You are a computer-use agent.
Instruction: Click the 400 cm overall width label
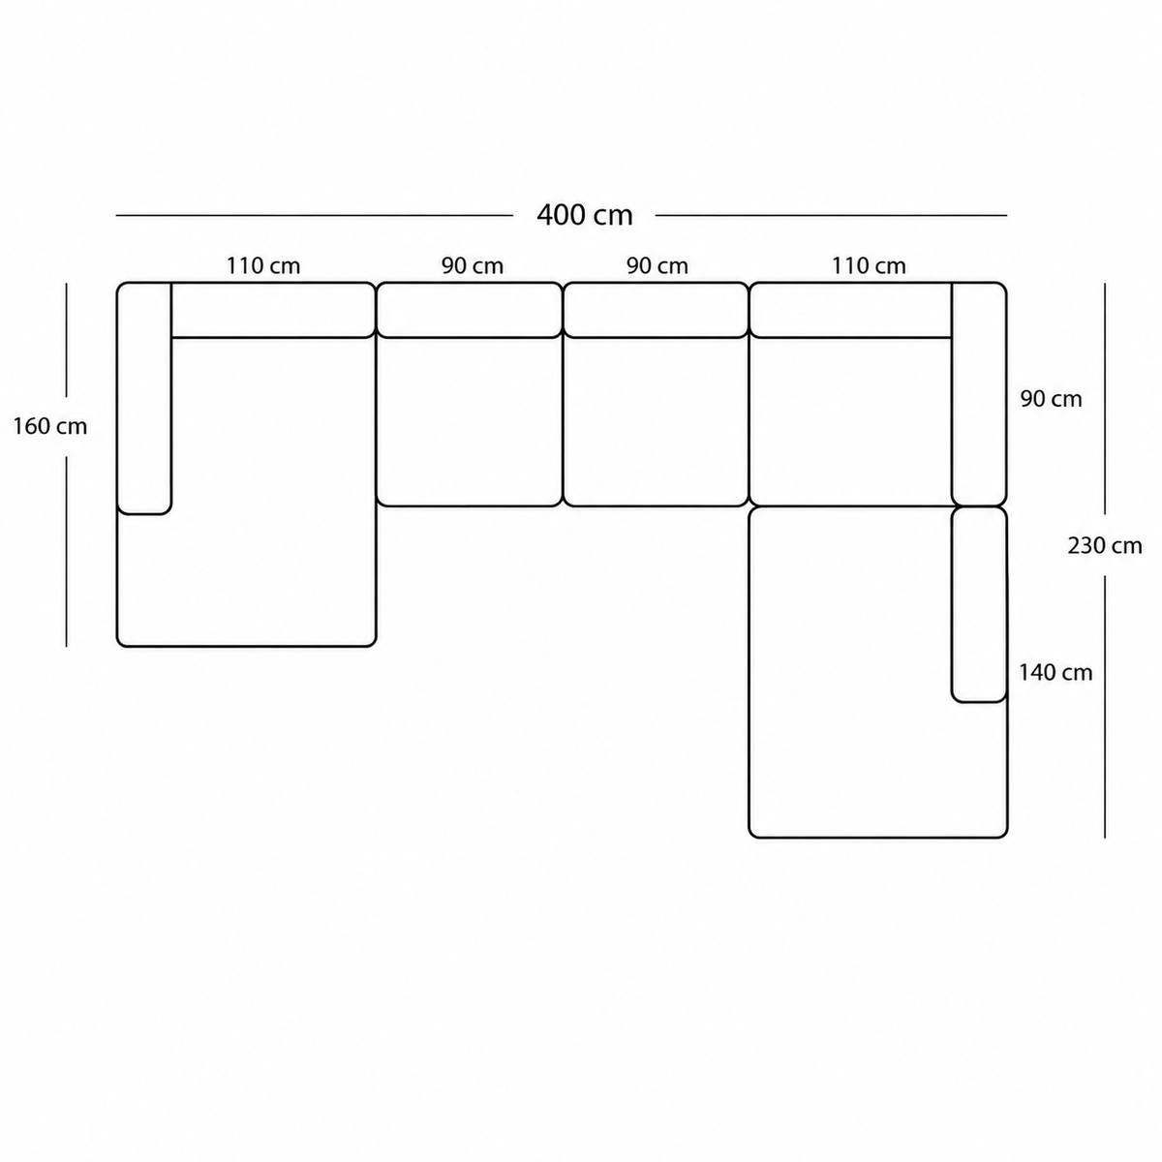584,215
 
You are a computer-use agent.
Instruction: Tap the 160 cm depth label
50,426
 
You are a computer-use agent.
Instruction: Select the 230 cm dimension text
1105,546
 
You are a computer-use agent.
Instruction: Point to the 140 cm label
1055,672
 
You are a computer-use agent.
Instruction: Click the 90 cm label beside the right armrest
1051,399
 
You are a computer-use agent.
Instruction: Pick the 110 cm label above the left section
263,265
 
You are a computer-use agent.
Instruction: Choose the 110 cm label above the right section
869,265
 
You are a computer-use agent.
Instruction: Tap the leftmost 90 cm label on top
473,265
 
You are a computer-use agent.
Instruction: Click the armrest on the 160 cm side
144,398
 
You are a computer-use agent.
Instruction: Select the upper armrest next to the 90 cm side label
979,394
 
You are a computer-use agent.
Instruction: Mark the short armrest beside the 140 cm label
979,605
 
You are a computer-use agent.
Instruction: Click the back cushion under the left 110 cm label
273,310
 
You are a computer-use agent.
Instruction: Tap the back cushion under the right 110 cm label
851,310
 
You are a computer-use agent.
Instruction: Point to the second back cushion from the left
470,310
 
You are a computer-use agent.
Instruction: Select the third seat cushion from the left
657,421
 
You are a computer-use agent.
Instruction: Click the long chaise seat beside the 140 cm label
850,672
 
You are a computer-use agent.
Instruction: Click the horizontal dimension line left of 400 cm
314,215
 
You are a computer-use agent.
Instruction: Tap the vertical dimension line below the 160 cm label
67,551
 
